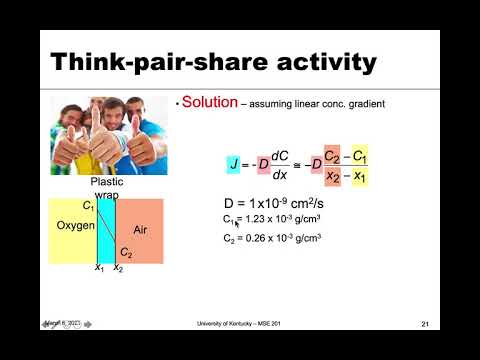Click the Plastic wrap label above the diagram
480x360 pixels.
coord(106,189)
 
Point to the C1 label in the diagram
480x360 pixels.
coord(89,206)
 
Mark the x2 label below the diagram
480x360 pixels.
coord(118,269)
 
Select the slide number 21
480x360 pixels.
coord(424,325)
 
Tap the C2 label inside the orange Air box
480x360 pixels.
coord(126,253)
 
